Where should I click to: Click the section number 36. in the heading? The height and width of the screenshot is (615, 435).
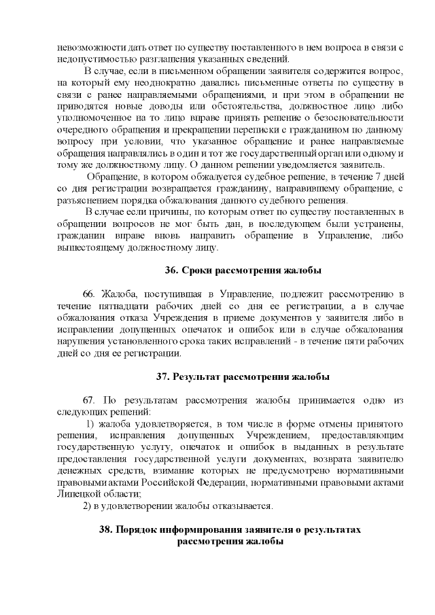tap(172, 270)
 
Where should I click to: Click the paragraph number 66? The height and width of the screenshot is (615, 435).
tap(88, 293)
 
